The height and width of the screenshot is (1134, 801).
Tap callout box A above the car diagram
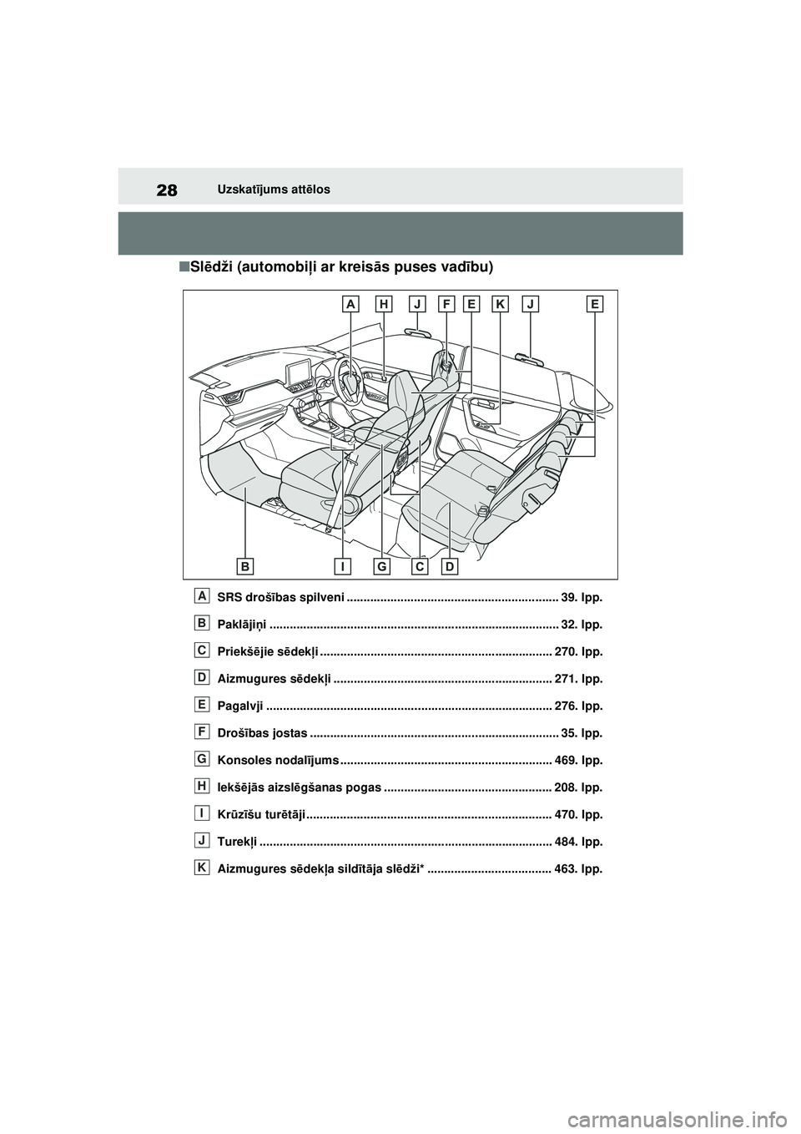pyautogui.click(x=351, y=306)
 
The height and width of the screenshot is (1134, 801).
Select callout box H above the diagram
pyautogui.click(x=383, y=306)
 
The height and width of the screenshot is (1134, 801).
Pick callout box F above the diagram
pyautogui.click(x=446, y=306)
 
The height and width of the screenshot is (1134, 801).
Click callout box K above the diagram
pyautogui.click(x=500, y=306)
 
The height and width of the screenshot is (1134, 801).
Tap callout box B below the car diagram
pyautogui.click(x=245, y=566)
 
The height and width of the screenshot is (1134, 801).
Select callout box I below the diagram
pyautogui.click(x=342, y=566)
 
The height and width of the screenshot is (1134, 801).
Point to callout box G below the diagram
pyautogui.click(x=381, y=566)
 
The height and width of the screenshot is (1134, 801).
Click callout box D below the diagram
pyautogui.click(x=450, y=566)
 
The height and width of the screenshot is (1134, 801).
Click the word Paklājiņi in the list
pyautogui.click(x=242, y=625)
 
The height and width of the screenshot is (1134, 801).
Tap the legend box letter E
pyautogui.click(x=203, y=704)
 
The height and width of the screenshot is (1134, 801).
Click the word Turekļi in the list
pyautogui.click(x=237, y=842)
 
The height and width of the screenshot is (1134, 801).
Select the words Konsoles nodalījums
pyautogui.click(x=278, y=761)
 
